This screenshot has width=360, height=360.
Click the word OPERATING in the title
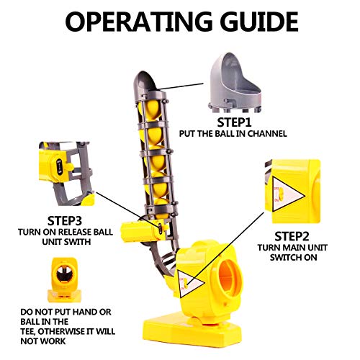click(138, 22)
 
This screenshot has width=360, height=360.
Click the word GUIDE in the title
click(259, 22)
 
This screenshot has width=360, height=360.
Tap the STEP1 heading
click(234, 122)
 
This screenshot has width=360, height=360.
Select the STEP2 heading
click(292, 236)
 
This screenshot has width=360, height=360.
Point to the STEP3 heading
click(65, 221)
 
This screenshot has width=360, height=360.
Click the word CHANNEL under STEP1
click(267, 134)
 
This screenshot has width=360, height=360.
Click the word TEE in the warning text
click(27, 331)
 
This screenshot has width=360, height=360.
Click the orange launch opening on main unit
click(230, 279)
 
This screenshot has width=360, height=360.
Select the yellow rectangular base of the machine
click(192, 333)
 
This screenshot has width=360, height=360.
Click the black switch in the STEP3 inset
click(59, 167)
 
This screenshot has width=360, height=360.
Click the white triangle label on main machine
click(189, 283)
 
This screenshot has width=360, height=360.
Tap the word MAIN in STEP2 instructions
click(294, 248)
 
